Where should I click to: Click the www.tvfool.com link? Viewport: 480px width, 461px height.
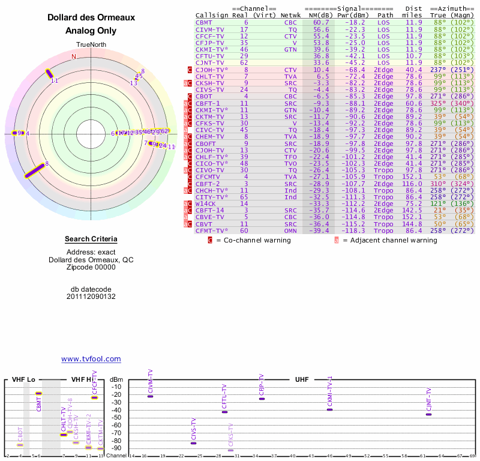[x=91, y=359]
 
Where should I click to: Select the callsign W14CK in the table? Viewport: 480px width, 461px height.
[x=207, y=203]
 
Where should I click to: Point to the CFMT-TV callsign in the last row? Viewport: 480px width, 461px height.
[x=212, y=230]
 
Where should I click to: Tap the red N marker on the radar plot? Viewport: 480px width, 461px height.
[x=74, y=56]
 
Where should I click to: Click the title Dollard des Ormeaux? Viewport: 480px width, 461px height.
[x=91, y=18]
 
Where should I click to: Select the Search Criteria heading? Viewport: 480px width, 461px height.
[x=91, y=240]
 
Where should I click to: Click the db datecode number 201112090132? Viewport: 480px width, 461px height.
[x=91, y=297]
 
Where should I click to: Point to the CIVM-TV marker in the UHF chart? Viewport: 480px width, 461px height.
[x=150, y=396]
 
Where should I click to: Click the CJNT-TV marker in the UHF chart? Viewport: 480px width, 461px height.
[x=428, y=414]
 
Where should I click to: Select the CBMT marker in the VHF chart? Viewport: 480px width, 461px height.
[x=38, y=393]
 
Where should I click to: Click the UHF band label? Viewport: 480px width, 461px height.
[x=302, y=379]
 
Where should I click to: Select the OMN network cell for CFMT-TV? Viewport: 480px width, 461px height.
[x=290, y=230]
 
